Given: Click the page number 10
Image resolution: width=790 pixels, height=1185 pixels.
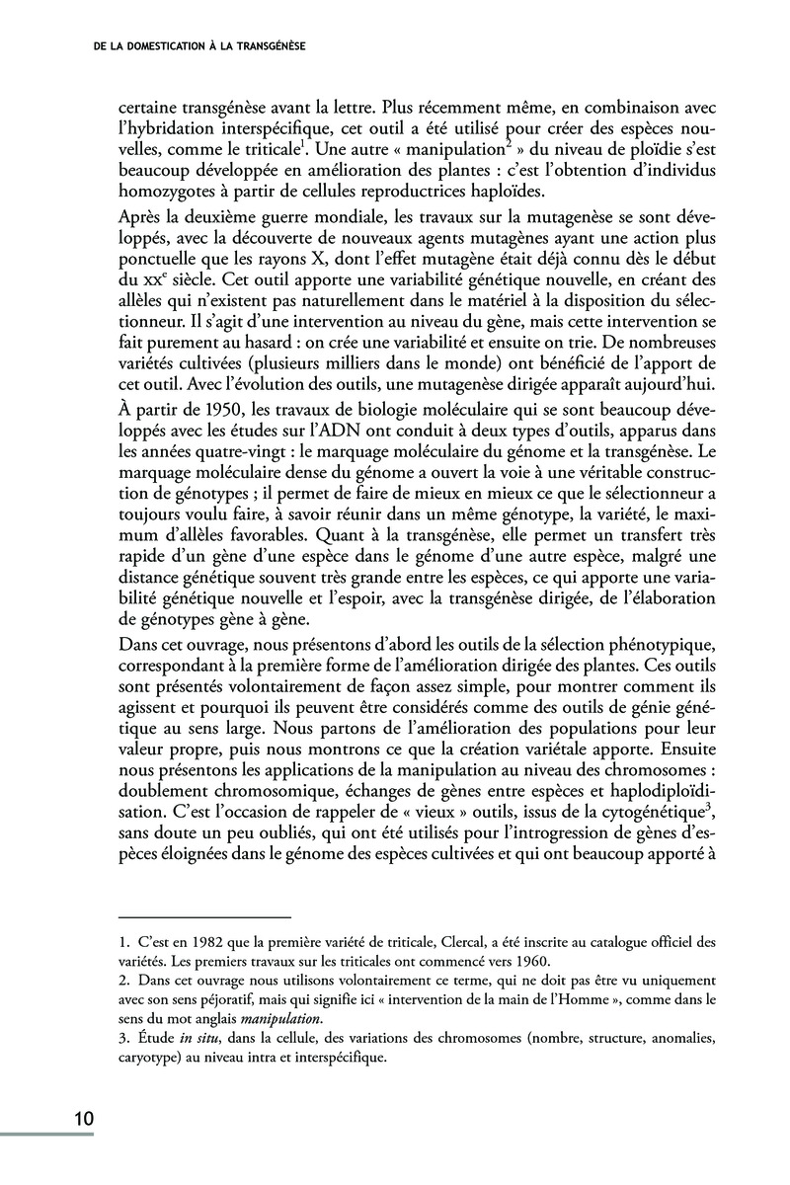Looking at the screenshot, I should (x=83, y=1119).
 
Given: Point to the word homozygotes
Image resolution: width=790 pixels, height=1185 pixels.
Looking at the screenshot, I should (x=160, y=191).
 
